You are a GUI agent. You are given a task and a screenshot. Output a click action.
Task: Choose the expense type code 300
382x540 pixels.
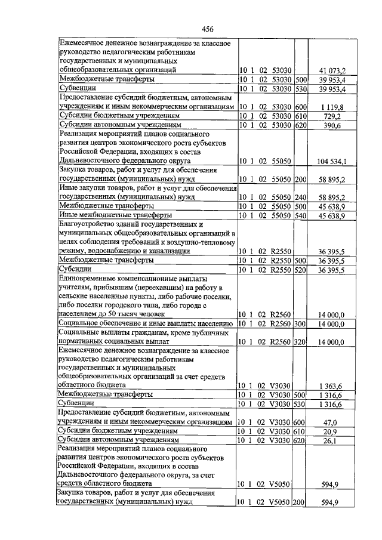tap(300, 324)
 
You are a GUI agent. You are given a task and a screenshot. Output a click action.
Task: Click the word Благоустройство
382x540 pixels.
tap(87, 223)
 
